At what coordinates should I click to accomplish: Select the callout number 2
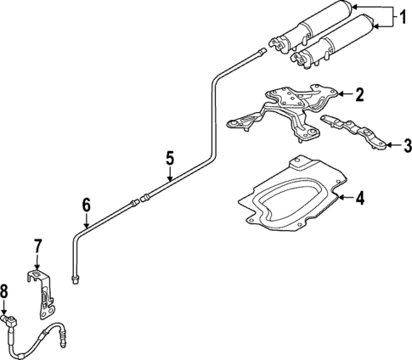point(359,95)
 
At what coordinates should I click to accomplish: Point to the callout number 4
point(359,200)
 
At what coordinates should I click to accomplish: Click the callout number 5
point(170,157)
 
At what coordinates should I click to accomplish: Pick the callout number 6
point(86,205)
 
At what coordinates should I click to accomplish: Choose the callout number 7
point(37,247)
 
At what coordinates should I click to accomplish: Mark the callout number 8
point(5,292)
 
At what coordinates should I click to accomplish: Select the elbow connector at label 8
point(12,321)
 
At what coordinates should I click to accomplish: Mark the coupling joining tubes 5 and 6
point(138,200)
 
